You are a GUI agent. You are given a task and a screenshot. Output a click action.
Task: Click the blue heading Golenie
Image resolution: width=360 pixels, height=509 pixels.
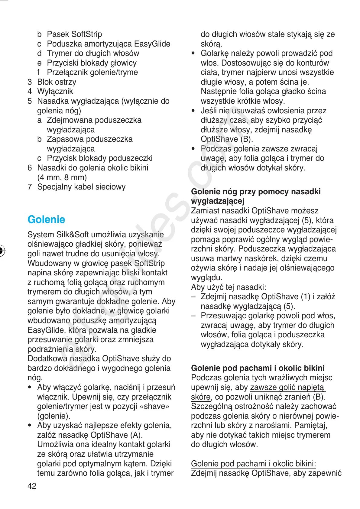(x=46, y=219)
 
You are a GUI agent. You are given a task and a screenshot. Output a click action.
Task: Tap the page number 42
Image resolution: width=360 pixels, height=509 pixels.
(x=32, y=486)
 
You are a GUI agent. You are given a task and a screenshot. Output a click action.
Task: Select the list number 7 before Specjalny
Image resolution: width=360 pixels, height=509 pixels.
(x=30, y=187)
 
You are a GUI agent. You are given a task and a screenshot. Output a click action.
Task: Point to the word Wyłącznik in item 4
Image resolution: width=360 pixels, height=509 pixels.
(x=55, y=91)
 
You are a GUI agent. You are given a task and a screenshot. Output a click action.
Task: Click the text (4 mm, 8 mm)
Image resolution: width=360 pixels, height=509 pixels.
(x=62, y=177)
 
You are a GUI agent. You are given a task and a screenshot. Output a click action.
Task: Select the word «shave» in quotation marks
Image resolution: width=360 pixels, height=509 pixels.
(x=155, y=406)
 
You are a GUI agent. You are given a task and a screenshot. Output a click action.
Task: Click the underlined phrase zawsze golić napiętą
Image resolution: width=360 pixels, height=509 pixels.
(x=287, y=387)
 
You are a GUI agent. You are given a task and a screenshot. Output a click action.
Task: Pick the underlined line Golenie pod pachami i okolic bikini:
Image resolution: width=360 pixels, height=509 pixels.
(x=253, y=464)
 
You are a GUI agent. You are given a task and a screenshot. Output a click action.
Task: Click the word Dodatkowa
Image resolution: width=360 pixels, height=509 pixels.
(x=47, y=358)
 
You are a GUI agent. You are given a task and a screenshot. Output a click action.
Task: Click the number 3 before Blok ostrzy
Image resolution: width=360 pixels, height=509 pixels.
(x=30, y=82)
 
